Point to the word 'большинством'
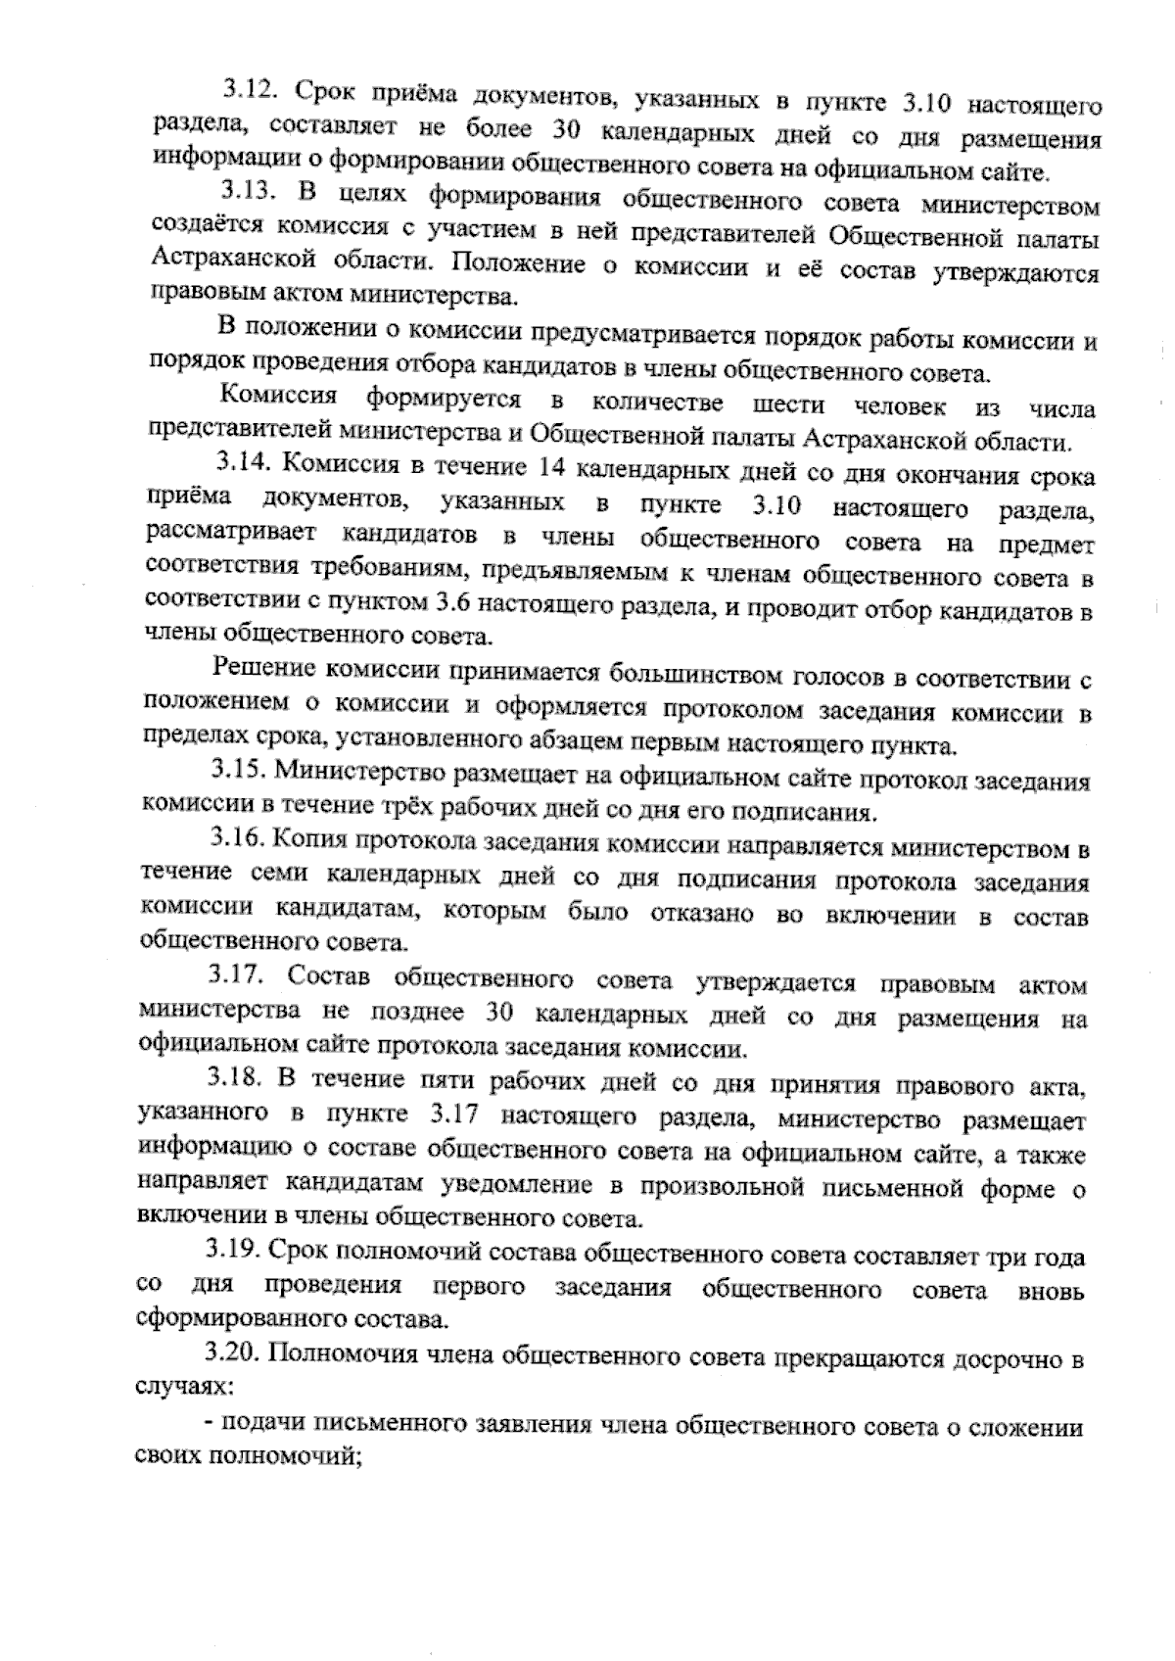point(690,675)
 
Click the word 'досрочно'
point(989,1359)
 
